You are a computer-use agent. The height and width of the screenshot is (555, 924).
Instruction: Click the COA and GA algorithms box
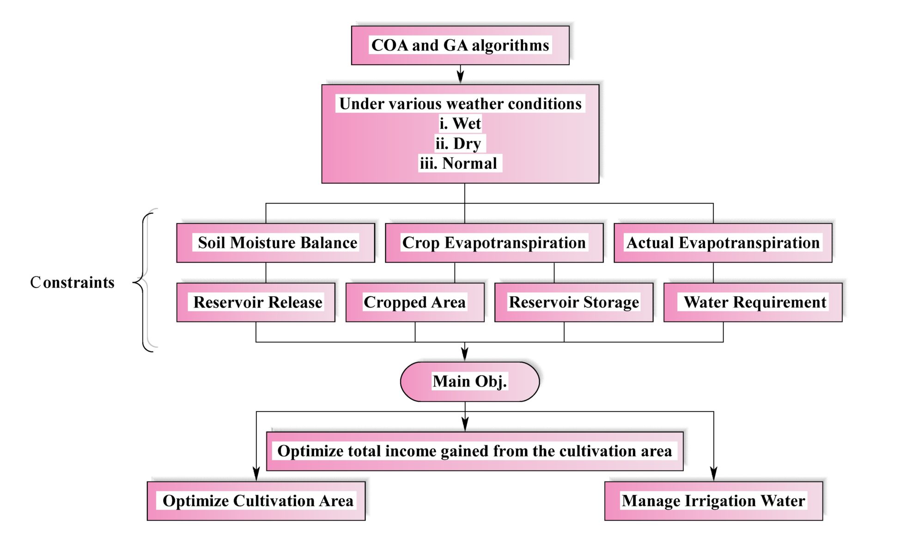pos(460,45)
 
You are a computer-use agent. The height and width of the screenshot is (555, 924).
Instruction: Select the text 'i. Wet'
pos(460,123)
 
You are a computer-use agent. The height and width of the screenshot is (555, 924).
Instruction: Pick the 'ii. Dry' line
pos(458,143)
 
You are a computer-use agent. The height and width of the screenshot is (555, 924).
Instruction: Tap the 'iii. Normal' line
pos(458,163)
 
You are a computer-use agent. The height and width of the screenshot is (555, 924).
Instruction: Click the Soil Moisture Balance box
pos(276,243)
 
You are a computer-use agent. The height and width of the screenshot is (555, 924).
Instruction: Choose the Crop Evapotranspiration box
pos(494,243)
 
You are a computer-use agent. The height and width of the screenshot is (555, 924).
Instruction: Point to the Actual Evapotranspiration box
pos(723,243)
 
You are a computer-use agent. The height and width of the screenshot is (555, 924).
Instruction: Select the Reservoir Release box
pos(256,302)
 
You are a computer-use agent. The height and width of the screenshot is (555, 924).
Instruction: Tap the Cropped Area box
pos(415,302)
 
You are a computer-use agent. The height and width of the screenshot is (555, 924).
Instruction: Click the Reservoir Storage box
pos(574,302)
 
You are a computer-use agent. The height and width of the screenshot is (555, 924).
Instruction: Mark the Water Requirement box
pos(753,302)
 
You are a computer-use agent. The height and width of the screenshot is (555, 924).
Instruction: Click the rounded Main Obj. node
pos(469,382)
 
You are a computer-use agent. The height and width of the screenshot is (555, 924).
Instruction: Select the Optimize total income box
pos(474,451)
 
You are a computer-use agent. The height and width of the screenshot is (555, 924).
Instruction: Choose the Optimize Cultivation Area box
pos(256,501)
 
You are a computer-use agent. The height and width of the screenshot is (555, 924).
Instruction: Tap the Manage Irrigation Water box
pos(713,501)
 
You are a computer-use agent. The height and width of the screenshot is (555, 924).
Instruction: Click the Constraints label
pos(72,282)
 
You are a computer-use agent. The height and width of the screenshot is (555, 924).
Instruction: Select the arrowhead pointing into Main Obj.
pos(465,354)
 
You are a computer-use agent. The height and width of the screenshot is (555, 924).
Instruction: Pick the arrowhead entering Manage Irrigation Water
pos(713,474)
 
